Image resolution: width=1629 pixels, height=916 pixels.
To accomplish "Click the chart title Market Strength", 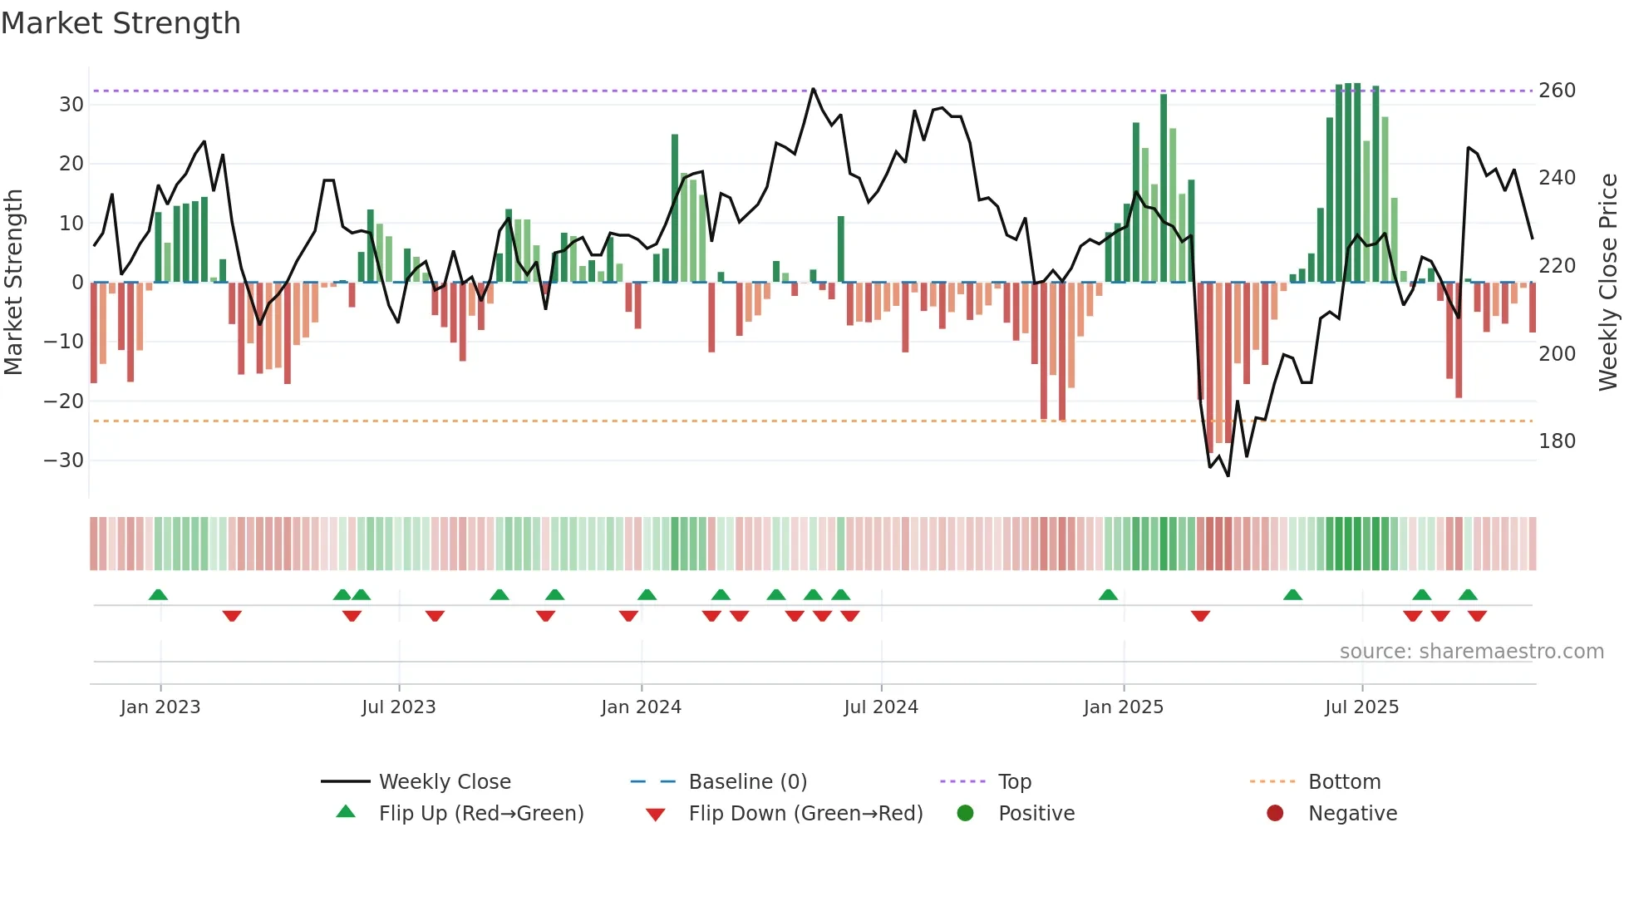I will (121, 23).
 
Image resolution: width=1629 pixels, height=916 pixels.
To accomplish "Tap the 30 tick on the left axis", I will (71, 105).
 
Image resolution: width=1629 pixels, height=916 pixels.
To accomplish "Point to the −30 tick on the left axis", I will (64, 460).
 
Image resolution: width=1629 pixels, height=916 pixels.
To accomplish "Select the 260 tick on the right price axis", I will (1557, 90).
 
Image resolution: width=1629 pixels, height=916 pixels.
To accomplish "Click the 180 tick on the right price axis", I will (1557, 441).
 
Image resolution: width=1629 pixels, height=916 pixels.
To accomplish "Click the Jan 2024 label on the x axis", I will (641, 707).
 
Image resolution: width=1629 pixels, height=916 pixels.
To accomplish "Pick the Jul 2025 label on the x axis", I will (1361, 707).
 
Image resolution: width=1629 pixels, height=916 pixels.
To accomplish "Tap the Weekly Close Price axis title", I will (1608, 283).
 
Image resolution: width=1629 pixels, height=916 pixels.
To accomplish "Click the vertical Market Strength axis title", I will (14, 283).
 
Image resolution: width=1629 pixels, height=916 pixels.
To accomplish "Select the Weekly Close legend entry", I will (445, 782).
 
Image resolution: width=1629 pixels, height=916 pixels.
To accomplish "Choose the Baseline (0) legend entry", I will (747, 782).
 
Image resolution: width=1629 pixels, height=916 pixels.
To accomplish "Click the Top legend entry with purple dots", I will (1014, 782).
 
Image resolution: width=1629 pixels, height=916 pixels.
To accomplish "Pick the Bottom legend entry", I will (1344, 782).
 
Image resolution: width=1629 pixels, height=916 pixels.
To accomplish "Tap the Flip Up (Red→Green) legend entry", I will (480, 814).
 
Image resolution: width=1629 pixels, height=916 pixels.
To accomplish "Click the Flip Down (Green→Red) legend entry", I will (805, 814).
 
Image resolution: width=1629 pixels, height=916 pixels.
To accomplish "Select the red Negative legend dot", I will (1275, 814).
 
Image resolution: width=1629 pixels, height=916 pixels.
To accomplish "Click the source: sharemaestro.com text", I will (1471, 652).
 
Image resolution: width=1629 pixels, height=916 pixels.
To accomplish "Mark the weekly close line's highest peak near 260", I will (813, 89).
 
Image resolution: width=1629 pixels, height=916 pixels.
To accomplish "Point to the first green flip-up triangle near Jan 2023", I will (158, 594).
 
